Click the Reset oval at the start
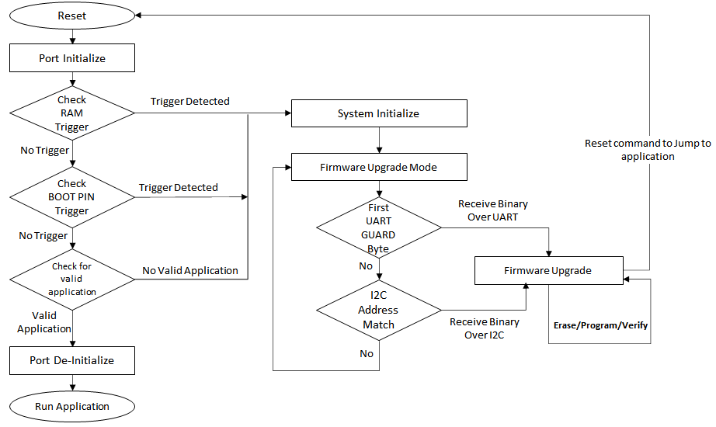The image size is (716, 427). tap(72, 16)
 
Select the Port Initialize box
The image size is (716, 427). tap(72, 58)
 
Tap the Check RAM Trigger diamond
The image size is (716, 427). tap(72, 113)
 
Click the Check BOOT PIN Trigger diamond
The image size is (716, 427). tap(72, 197)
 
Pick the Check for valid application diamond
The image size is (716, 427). tap(72, 279)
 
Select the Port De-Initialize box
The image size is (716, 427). tap(72, 360)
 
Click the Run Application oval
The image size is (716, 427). tap(72, 406)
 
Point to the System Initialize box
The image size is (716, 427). tap(379, 113)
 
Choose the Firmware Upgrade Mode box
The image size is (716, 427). tap(379, 167)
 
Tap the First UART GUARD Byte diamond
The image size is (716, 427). tap(379, 227)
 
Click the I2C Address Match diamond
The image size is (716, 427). tap(379, 310)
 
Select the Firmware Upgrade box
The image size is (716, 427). tap(549, 270)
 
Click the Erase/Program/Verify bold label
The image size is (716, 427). tap(600, 325)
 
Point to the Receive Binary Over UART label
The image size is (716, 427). tap(492, 210)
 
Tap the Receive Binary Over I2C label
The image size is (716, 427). tap(485, 328)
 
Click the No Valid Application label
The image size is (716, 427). tap(190, 270)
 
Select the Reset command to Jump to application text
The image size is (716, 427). tap(648, 150)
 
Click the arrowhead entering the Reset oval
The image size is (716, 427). tap(138, 16)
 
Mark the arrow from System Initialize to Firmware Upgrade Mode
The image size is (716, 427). tap(379, 140)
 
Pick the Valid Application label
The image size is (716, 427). tap(44, 322)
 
